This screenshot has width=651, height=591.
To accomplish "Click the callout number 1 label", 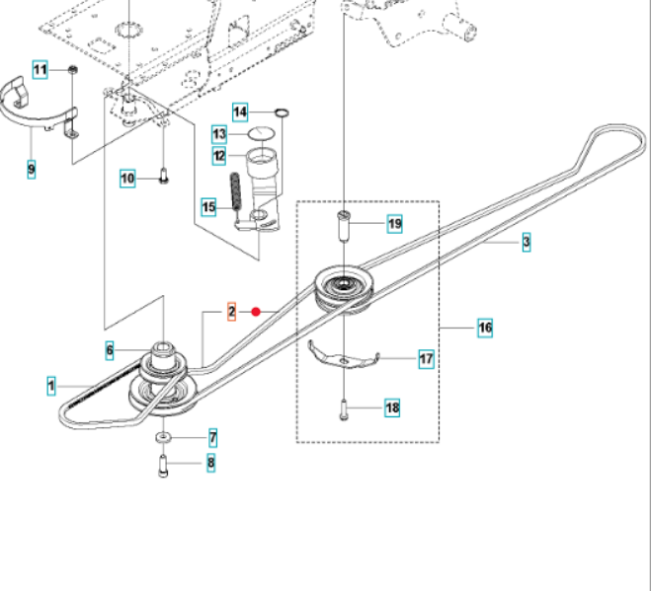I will click(51, 385).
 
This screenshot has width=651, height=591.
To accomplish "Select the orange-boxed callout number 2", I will click(232, 312).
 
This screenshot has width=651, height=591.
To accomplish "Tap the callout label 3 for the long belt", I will click(527, 241).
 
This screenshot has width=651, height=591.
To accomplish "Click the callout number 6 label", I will click(111, 349).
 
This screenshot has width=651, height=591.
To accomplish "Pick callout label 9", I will click(32, 169).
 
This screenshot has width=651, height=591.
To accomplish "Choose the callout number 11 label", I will click(40, 70).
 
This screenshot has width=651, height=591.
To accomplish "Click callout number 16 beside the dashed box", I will click(484, 328).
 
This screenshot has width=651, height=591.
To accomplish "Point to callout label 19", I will click(394, 224).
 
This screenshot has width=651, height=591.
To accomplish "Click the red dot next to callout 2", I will click(256, 312).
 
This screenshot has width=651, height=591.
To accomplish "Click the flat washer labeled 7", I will click(161, 436).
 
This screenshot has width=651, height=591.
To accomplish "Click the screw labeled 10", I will click(163, 178).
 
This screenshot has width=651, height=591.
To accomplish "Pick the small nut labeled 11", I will click(73, 70).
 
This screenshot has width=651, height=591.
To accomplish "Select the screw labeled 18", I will click(342, 407).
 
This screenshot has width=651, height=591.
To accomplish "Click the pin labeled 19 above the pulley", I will click(345, 225).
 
